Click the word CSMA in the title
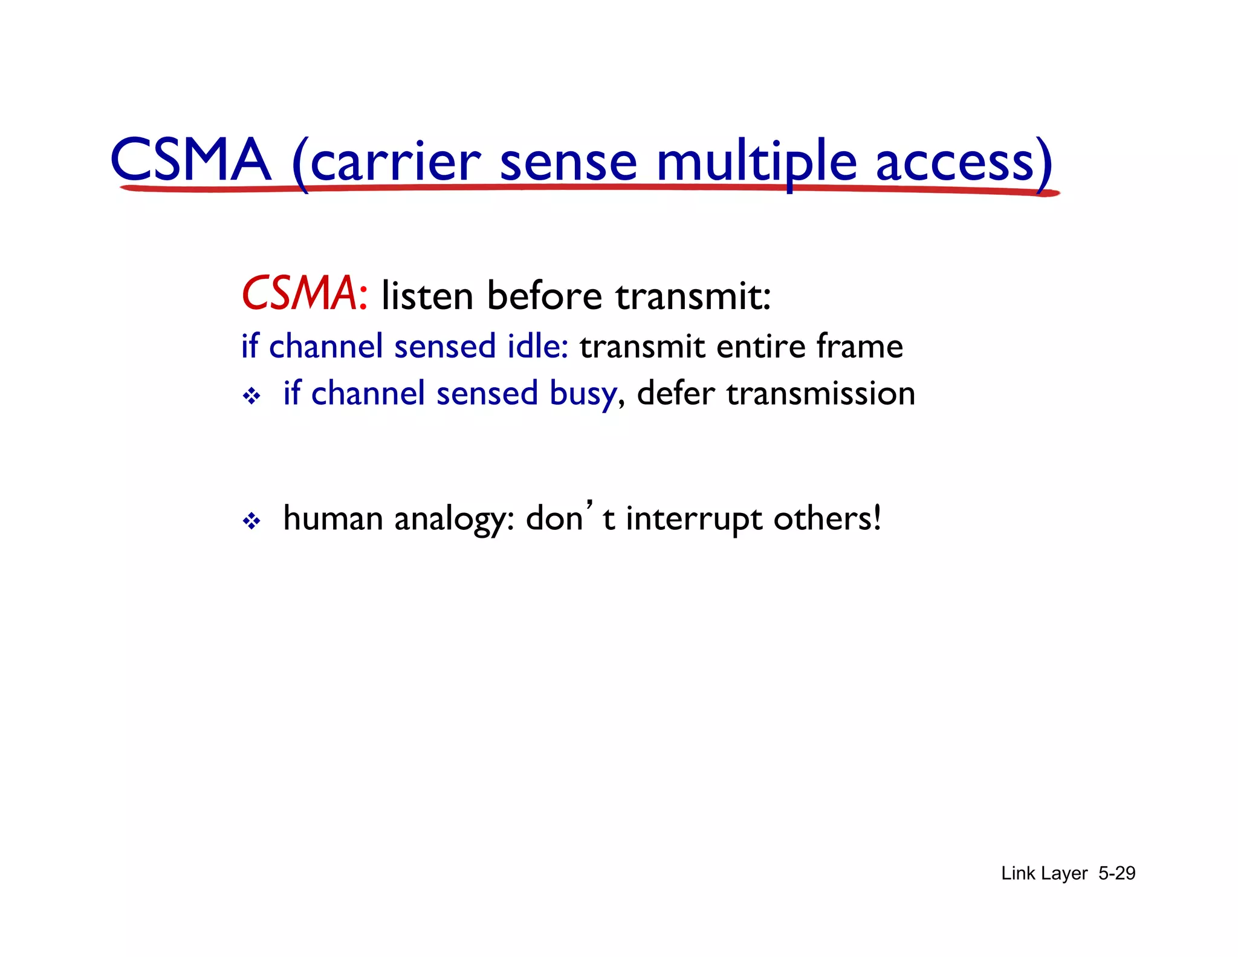pos(190,160)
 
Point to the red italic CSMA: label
pos(304,295)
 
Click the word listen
pos(427,296)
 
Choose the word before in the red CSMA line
pos(545,296)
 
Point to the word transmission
pos(820,394)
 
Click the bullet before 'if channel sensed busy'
pos(251,397)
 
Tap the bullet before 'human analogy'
pos(251,521)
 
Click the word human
pos(333,518)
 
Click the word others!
pos(827,518)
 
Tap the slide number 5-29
pos(1116,873)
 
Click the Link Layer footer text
pos(1044,874)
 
